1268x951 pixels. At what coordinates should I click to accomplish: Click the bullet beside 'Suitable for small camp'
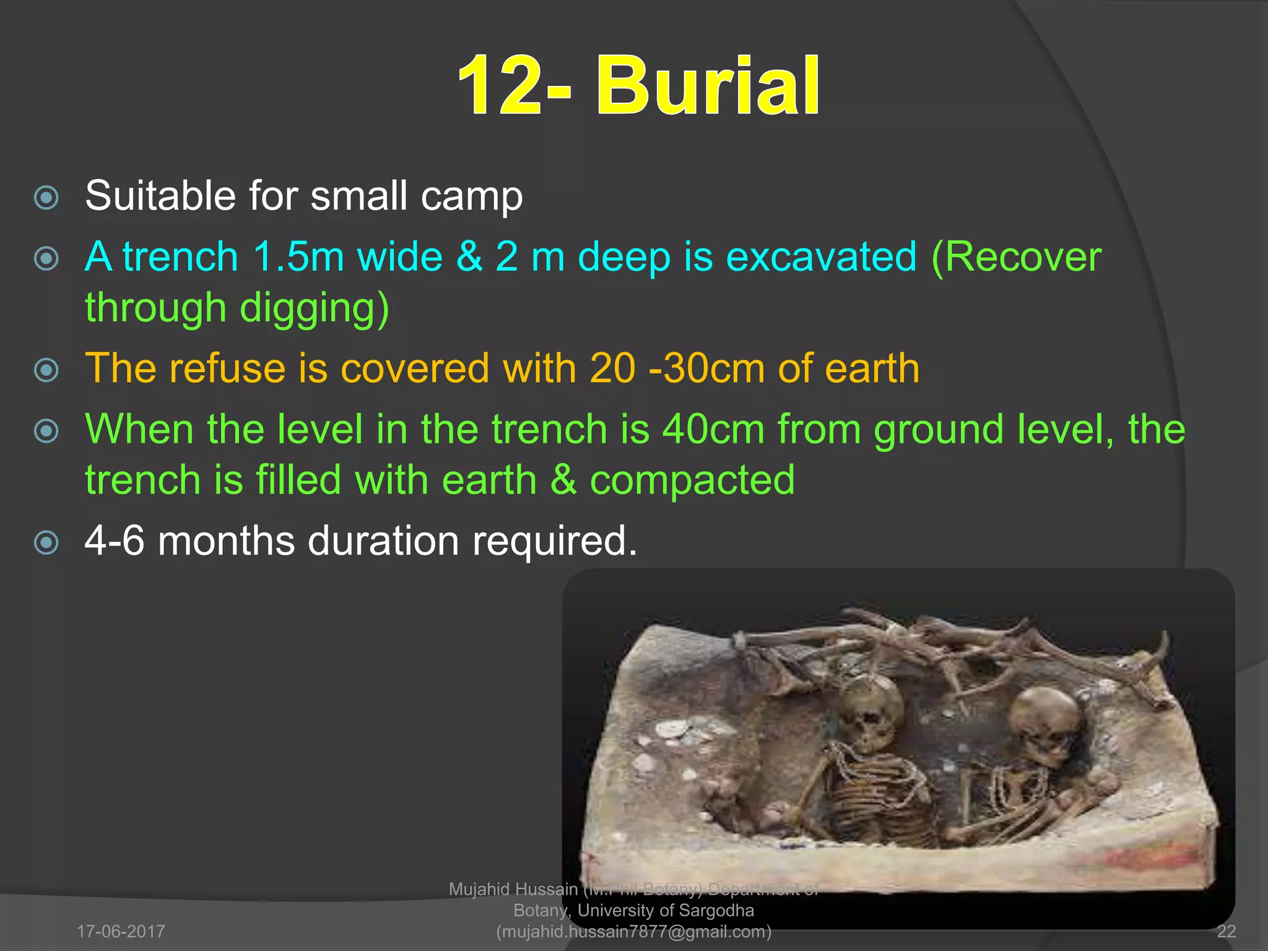[x=46, y=198]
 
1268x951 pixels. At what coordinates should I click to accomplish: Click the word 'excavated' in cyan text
[x=821, y=256]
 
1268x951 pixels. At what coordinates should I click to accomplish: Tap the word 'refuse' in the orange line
[x=228, y=368]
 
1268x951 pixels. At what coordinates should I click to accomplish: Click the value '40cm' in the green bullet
[x=713, y=429]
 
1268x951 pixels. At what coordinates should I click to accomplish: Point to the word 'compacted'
[x=692, y=480]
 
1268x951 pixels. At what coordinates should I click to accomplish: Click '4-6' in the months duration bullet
[x=115, y=541]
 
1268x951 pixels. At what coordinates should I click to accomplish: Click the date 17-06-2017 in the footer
[x=121, y=931]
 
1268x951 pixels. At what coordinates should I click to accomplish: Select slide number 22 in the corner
[x=1226, y=931]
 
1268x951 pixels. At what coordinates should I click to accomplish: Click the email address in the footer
[x=634, y=931]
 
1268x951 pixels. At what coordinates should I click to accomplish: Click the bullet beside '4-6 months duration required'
[x=46, y=543]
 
